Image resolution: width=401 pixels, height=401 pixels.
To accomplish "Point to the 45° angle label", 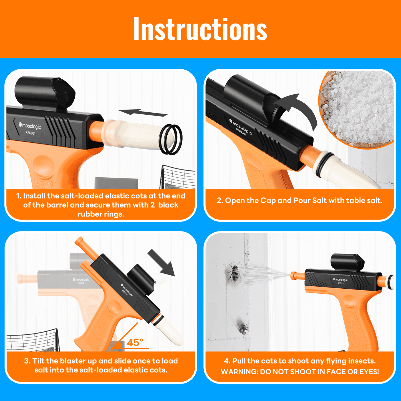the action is [x=135, y=343].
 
